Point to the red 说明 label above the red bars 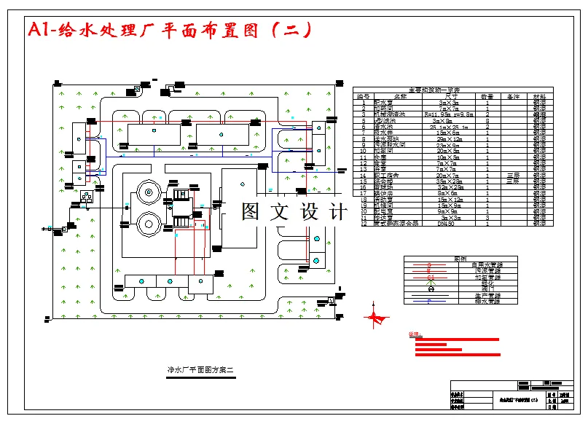pos(415,334)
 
